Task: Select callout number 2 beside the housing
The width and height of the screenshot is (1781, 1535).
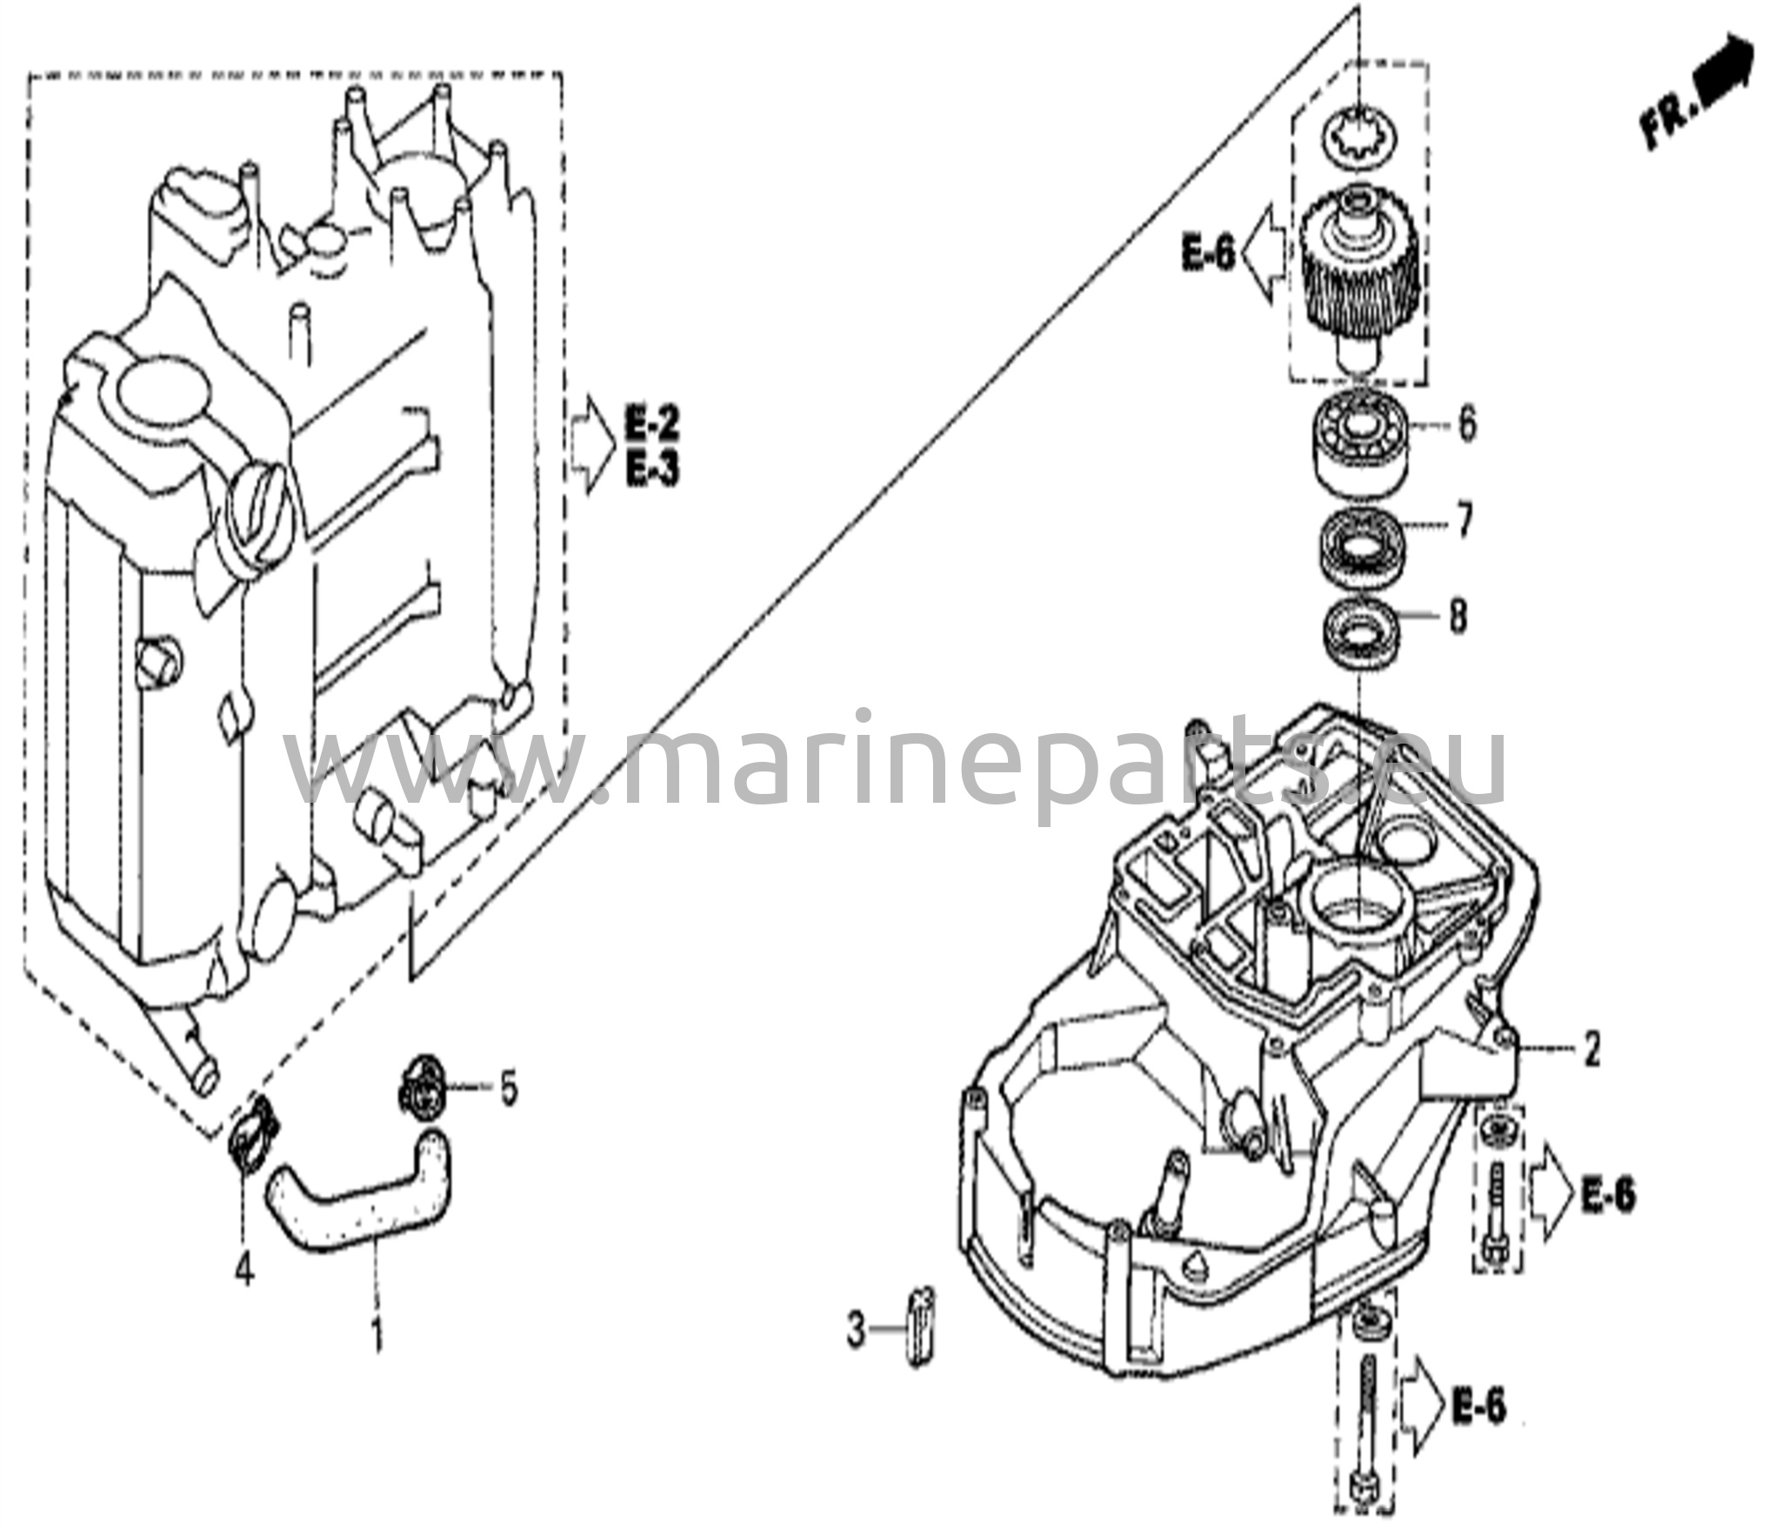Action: click(x=1591, y=1050)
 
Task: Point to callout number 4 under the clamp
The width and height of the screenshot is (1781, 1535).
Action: click(x=244, y=1272)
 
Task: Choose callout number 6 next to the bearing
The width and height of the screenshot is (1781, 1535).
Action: click(x=1466, y=425)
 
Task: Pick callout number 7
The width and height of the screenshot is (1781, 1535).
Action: click(x=1464, y=523)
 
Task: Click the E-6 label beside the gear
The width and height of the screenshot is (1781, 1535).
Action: click(x=1208, y=255)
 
